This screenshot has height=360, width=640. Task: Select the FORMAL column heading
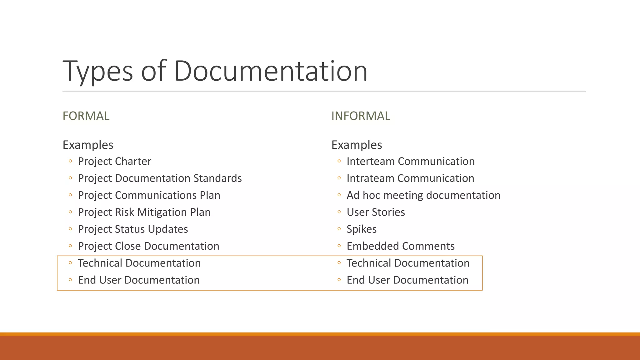pos(86,116)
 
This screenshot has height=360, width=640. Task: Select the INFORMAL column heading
pos(361,116)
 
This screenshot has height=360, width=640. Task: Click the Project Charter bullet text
pos(114,161)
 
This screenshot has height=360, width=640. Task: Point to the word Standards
pos(217,178)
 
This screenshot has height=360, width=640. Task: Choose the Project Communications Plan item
pos(149,195)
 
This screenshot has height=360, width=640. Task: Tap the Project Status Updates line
pos(133,229)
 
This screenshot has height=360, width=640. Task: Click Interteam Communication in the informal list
pos(410,161)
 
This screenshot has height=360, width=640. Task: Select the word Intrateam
pos(371,178)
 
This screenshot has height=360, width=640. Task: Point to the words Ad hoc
pos(363,195)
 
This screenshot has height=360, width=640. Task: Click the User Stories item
pos(376,212)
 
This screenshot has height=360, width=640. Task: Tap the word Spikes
pos(362,229)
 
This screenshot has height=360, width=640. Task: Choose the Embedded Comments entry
pos(400,246)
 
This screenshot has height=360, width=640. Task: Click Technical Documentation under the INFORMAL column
pos(408,263)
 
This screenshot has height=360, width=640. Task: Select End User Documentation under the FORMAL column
pos(139,280)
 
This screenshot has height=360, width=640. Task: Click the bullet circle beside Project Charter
pos(70,161)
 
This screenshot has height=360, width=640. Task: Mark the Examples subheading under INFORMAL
pos(357,145)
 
